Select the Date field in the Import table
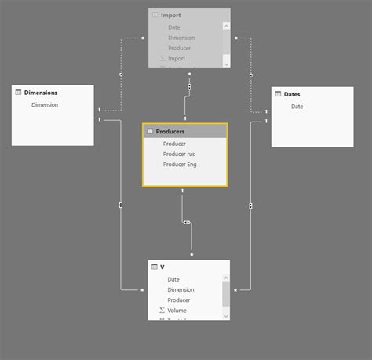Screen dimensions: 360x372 [173, 27]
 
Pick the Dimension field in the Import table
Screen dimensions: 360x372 [181, 38]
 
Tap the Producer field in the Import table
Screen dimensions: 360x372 [179, 48]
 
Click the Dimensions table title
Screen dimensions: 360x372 [41, 93]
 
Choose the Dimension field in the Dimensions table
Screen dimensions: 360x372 [45, 104]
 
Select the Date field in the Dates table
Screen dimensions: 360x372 [297, 107]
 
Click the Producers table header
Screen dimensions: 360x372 [170, 132]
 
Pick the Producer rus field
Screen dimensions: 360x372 [179, 154]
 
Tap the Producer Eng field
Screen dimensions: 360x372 [180, 165]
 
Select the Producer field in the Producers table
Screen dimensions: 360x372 [174, 144]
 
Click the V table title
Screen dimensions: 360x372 [162, 267]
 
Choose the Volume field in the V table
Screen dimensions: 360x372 [177, 310]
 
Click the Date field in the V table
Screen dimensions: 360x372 [173, 279]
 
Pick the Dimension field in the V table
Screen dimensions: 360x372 [181, 289]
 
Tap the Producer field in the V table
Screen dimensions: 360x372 [179, 300]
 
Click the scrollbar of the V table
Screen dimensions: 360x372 [226, 294]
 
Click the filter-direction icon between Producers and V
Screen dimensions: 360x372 [186, 223]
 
